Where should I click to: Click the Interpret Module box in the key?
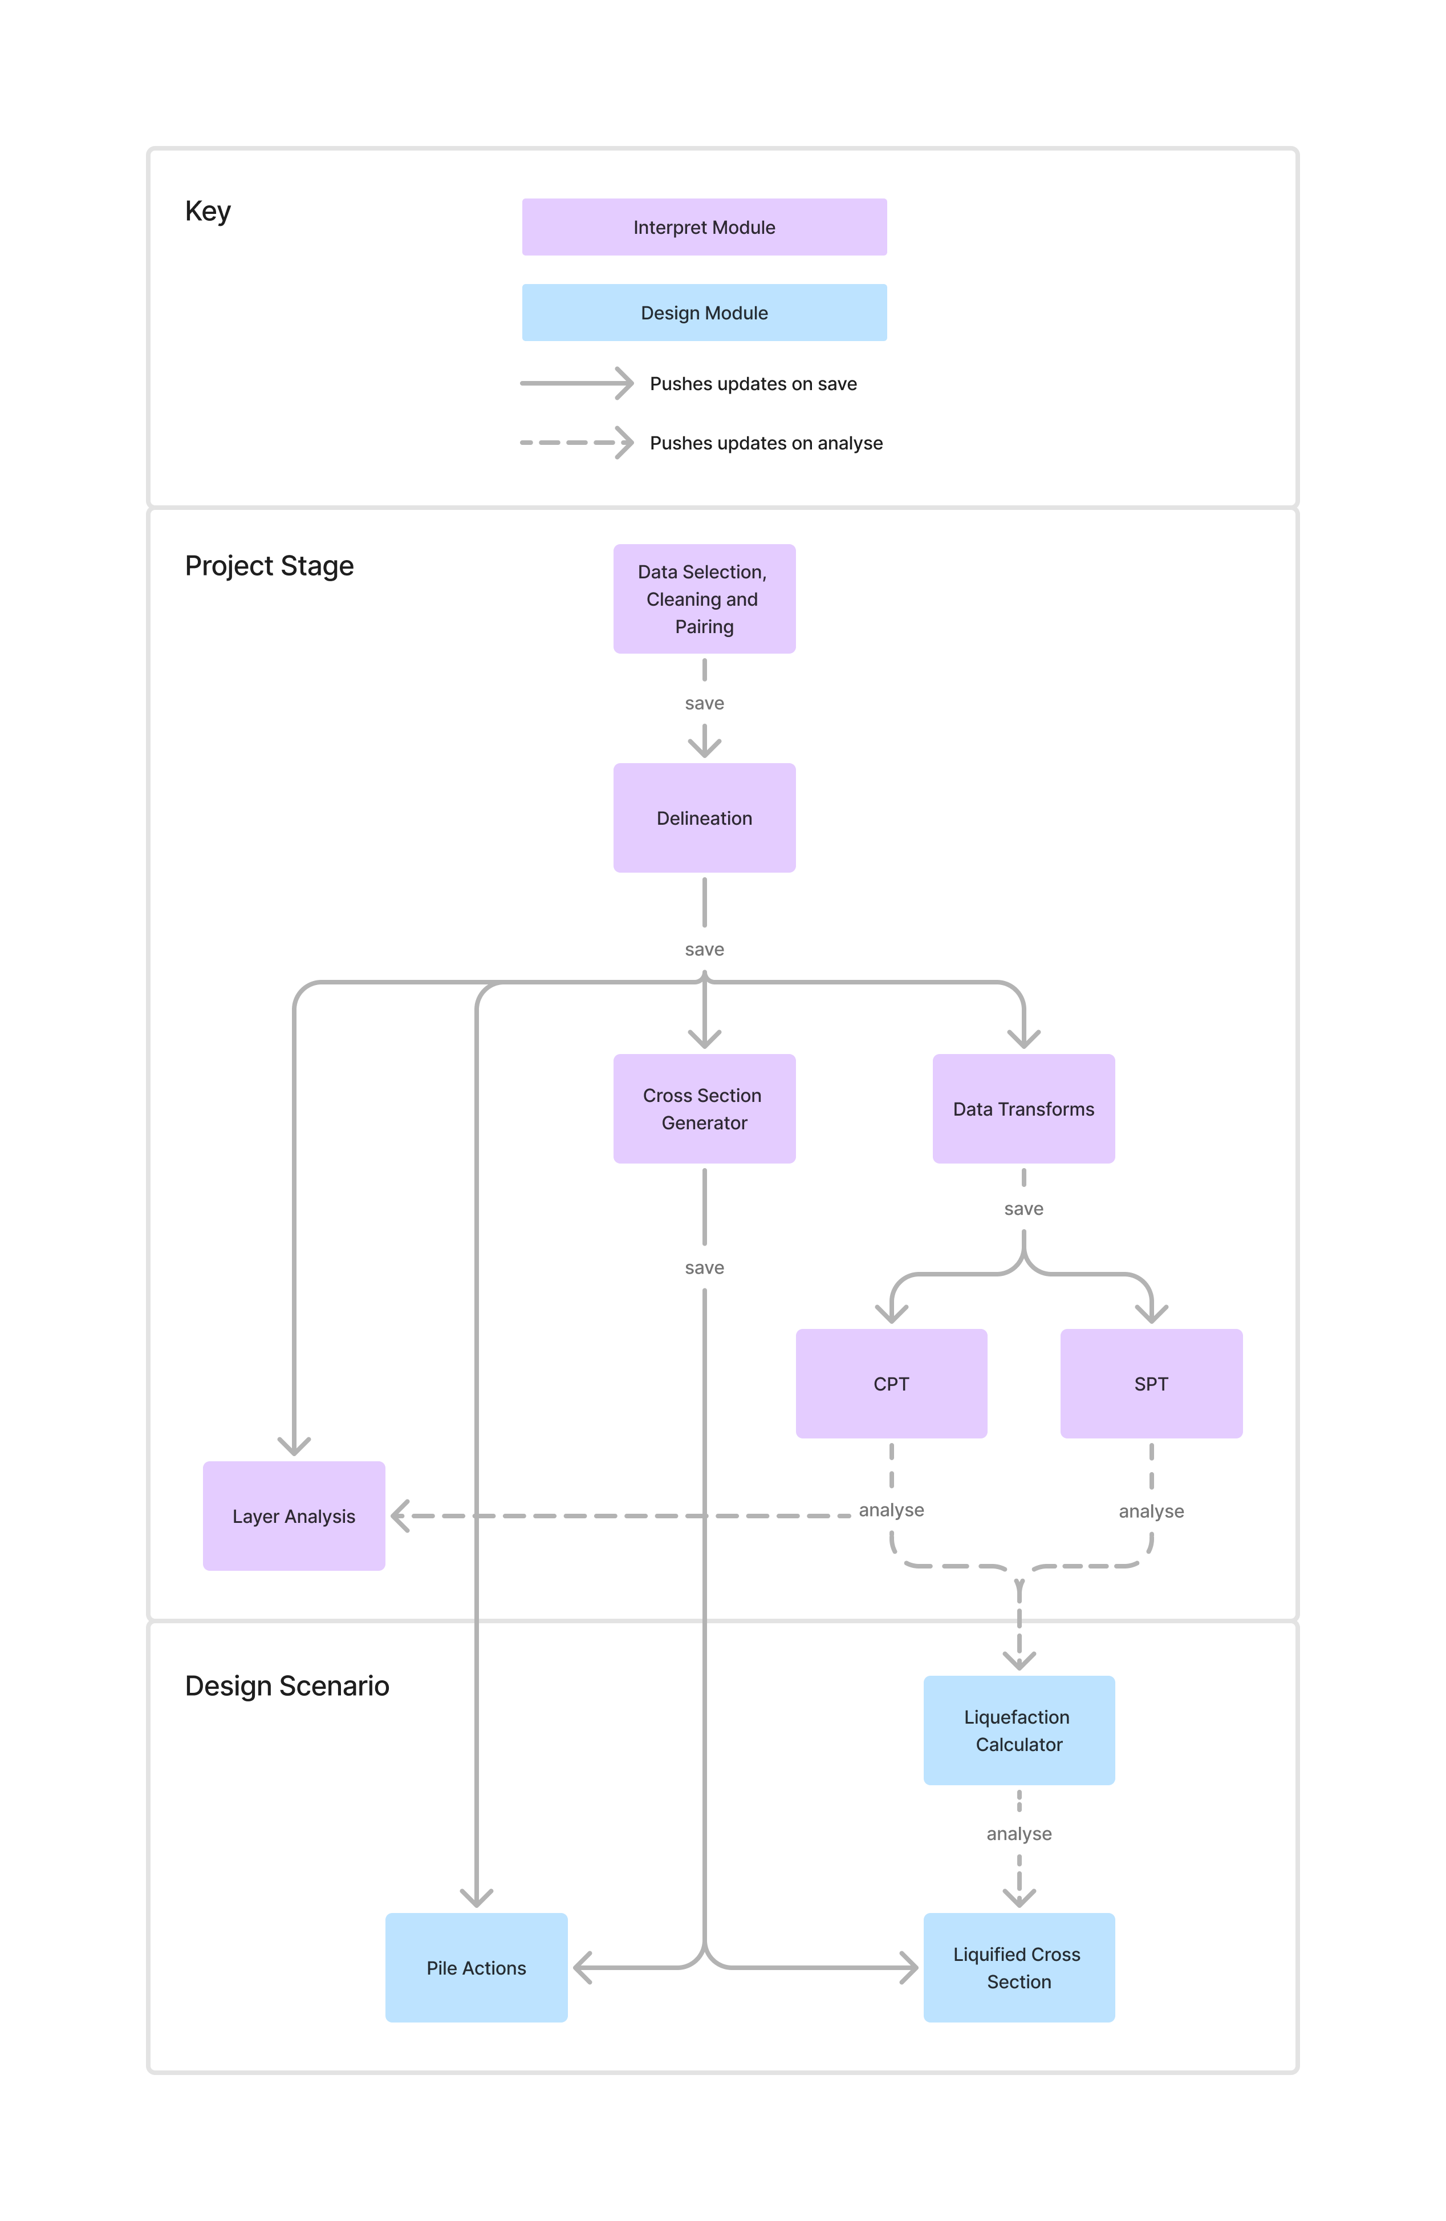click(x=704, y=227)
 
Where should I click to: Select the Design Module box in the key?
click(x=704, y=313)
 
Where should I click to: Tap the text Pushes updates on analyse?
click(x=765, y=443)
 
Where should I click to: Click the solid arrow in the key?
click(x=575, y=383)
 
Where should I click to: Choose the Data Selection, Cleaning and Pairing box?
click(x=704, y=598)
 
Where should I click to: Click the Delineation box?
click(x=704, y=817)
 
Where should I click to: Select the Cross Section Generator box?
click(x=704, y=1109)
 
